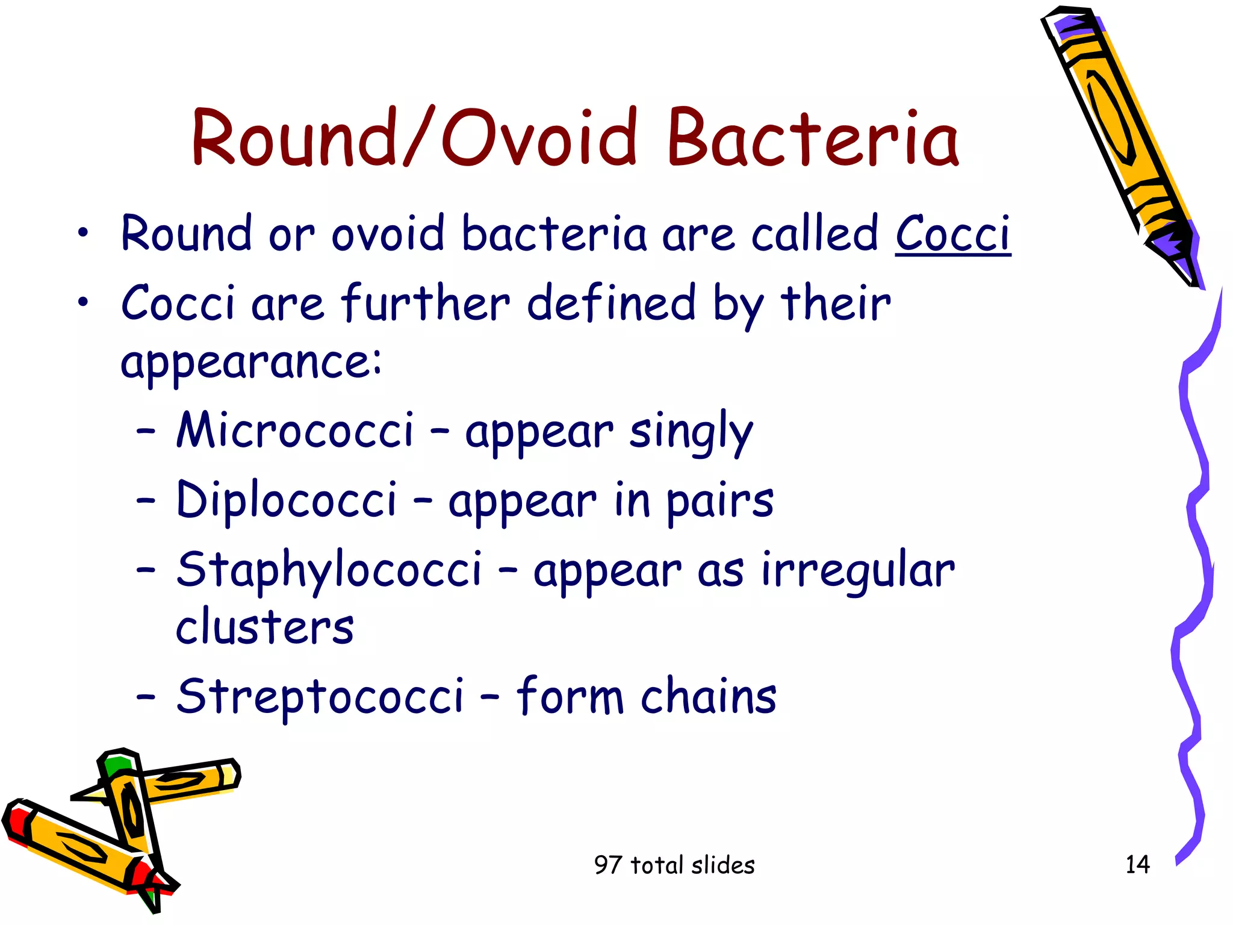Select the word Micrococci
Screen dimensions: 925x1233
pyautogui.click(x=295, y=430)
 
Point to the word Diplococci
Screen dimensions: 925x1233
pyautogui.click(x=287, y=500)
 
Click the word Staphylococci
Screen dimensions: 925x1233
pyautogui.click(x=329, y=570)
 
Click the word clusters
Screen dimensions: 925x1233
pyautogui.click(x=265, y=626)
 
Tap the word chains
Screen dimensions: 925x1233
pyautogui.click(x=708, y=696)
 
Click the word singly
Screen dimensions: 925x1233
pyautogui.click(x=691, y=431)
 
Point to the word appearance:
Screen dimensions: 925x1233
pyautogui.click(x=250, y=361)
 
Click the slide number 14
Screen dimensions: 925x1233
pyautogui.click(x=1137, y=865)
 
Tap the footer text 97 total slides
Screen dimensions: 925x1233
pyautogui.click(x=674, y=865)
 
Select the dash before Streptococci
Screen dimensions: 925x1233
pyautogui.click(x=146, y=697)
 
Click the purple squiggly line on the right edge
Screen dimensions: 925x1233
pyautogui.click(x=1195, y=542)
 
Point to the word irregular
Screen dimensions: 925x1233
pyautogui.click(x=857, y=570)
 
